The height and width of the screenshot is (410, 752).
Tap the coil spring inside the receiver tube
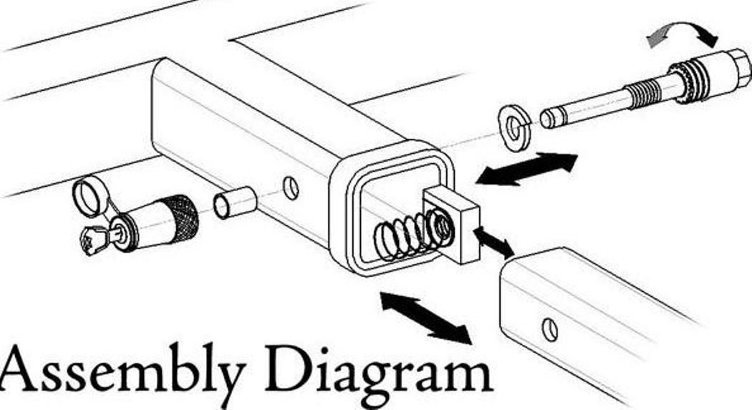pos(405,236)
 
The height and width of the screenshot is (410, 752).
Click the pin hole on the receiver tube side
pos(291,187)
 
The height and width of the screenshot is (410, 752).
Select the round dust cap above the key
pos(90,195)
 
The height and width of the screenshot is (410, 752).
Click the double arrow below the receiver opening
pos(425,315)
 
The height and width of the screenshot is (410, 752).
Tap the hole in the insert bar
pos(549,329)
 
